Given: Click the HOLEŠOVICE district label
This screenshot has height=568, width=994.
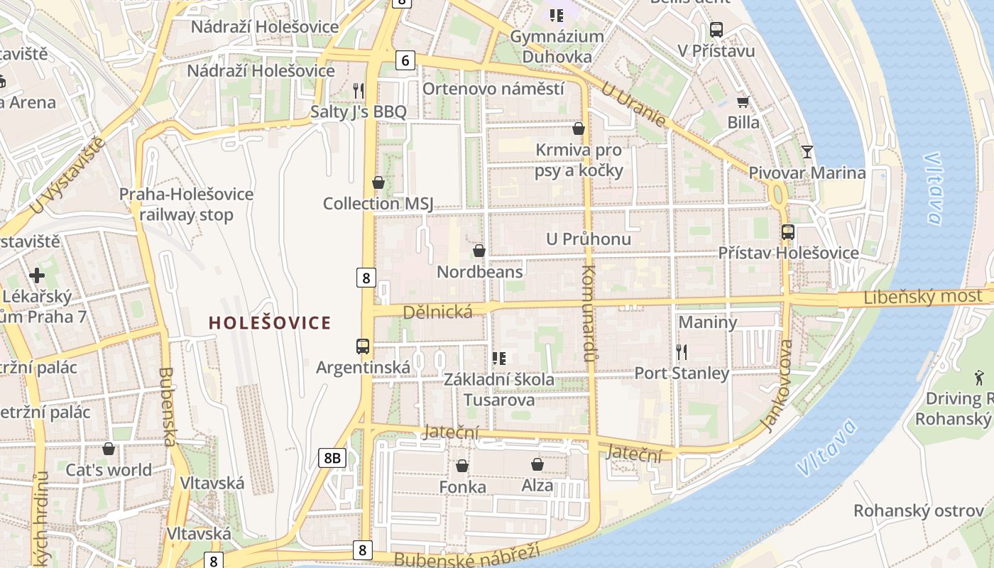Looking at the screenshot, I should pyautogui.click(x=270, y=323).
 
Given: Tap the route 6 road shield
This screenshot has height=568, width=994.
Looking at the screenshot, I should pyautogui.click(x=405, y=61).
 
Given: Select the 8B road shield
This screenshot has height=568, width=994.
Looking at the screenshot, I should pyautogui.click(x=332, y=458).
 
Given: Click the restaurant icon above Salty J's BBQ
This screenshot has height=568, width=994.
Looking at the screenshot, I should pyautogui.click(x=359, y=90).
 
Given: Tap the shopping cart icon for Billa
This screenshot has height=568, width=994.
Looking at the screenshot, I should pyautogui.click(x=743, y=102).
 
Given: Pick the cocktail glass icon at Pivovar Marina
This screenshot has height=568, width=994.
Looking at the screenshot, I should pyautogui.click(x=807, y=151).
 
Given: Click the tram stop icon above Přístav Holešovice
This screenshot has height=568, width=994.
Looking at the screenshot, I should pyautogui.click(x=787, y=231).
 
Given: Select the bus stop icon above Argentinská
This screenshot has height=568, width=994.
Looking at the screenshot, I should pyautogui.click(x=363, y=346).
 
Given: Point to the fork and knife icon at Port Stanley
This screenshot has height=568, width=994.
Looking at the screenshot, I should pyautogui.click(x=682, y=351).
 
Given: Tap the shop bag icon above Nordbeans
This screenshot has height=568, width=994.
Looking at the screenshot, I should pyautogui.click(x=479, y=251).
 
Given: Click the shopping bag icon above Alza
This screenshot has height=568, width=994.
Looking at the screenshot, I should pyautogui.click(x=537, y=464).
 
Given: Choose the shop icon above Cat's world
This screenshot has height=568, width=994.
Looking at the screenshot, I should pyautogui.click(x=109, y=449).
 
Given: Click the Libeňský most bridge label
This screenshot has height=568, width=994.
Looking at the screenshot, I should pyautogui.click(x=923, y=297).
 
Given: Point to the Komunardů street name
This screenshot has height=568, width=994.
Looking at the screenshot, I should pyautogui.click(x=588, y=312).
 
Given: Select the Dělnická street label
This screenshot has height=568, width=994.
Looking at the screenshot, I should pyautogui.click(x=437, y=312).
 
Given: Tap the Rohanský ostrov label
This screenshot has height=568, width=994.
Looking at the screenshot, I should pyautogui.click(x=918, y=510).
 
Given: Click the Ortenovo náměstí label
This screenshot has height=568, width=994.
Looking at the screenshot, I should pyautogui.click(x=493, y=89).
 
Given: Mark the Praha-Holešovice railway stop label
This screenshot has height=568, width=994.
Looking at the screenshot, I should pyautogui.click(x=186, y=204).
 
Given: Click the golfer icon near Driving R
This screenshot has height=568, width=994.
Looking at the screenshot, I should pyautogui.click(x=980, y=378).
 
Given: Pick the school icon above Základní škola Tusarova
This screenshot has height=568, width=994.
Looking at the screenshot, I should pyautogui.click(x=499, y=359).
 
